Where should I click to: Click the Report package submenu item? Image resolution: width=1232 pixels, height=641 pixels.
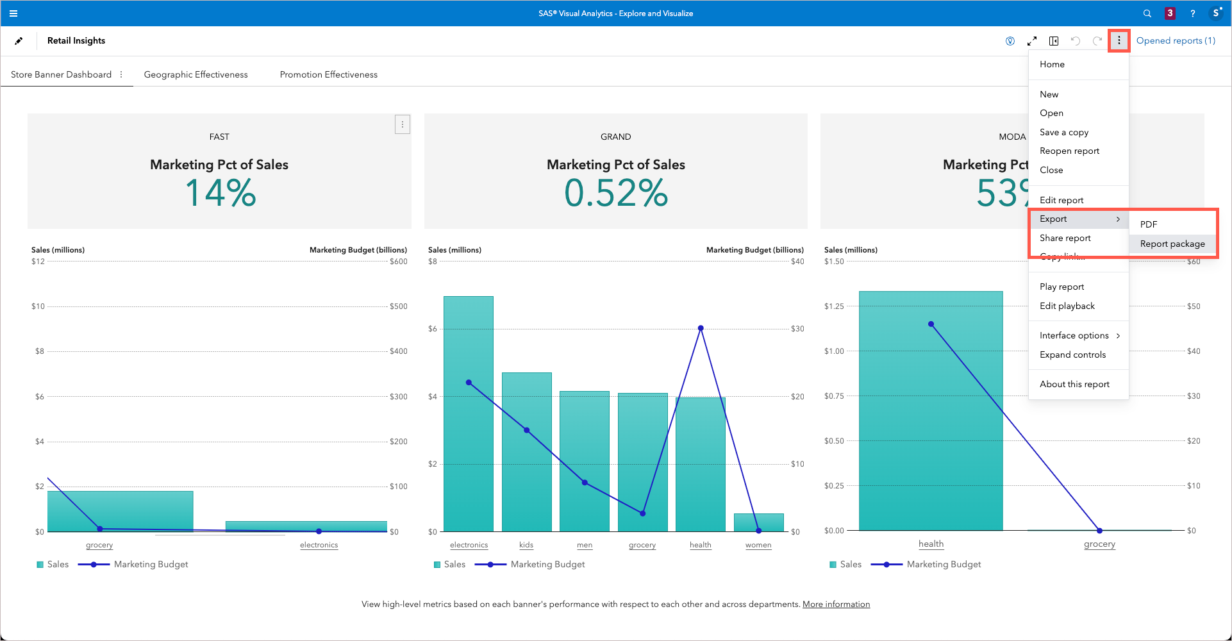click(x=1172, y=244)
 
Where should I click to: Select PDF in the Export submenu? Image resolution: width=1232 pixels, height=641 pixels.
click(x=1148, y=224)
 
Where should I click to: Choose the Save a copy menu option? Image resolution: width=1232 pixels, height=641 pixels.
click(x=1063, y=132)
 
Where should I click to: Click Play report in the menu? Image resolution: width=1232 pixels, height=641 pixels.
click(x=1061, y=287)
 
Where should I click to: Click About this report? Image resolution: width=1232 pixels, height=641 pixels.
click(x=1074, y=384)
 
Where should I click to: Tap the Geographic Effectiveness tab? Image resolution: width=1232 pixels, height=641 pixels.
click(x=196, y=74)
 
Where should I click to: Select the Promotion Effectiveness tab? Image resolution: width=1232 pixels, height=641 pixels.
click(x=328, y=74)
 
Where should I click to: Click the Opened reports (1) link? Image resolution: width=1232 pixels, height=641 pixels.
click(x=1175, y=40)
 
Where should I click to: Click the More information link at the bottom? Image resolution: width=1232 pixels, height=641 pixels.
click(x=836, y=604)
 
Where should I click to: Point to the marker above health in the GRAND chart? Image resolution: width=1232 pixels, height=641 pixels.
click(x=701, y=328)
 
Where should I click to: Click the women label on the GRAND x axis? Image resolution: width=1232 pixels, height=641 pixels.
click(x=758, y=545)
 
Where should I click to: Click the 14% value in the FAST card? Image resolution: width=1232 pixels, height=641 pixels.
click(x=220, y=193)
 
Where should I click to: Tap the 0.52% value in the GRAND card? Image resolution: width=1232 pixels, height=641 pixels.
click(x=615, y=193)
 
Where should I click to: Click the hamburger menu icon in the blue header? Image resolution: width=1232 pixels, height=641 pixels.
click(x=13, y=13)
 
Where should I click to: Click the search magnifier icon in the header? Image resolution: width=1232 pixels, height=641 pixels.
click(x=1147, y=13)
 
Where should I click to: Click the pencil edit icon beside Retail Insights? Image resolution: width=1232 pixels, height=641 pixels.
click(x=19, y=40)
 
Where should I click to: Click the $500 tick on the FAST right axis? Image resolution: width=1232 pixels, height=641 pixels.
click(x=398, y=306)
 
